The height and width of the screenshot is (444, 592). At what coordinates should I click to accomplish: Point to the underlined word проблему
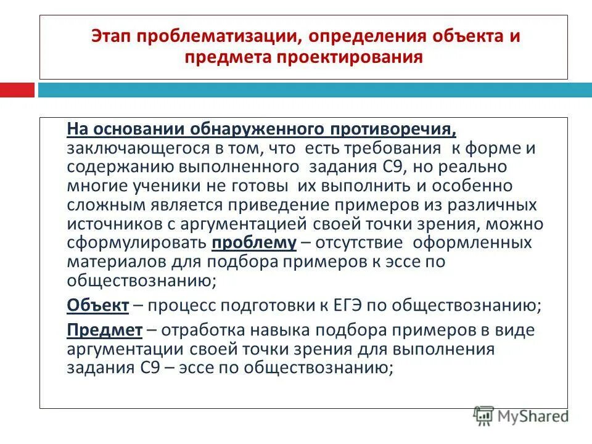(x=254, y=242)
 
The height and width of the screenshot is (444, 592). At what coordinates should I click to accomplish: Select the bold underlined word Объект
(x=97, y=305)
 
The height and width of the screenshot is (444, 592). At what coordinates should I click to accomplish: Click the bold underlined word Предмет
(x=104, y=330)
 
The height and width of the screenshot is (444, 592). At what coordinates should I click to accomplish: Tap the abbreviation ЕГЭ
(x=369, y=305)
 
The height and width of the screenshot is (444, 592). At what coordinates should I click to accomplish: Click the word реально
(x=499, y=168)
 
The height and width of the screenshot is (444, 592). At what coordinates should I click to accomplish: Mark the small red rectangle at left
(x=17, y=91)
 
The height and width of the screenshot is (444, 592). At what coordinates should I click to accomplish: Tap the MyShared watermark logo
(x=520, y=416)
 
